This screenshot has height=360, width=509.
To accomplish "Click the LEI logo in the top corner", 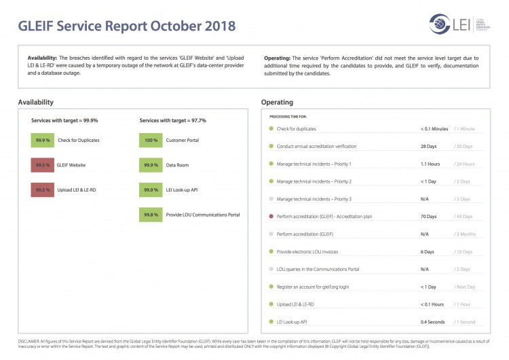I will pyautogui.click(x=455, y=24).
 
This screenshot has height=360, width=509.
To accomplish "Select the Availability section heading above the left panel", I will pyautogui.click(x=35, y=102).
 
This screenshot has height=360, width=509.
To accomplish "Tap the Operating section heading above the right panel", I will pyautogui.click(x=277, y=102).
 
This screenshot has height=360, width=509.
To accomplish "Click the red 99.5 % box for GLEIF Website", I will pyautogui.click(x=43, y=165).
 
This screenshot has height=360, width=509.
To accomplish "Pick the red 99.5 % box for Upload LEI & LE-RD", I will pyautogui.click(x=43, y=190).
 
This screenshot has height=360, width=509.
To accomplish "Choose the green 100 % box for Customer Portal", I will pyautogui.click(x=151, y=140).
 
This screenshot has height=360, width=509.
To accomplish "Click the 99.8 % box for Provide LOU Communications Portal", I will pyautogui.click(x=151, y=215).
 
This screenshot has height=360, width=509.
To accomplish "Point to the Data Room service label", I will pyautogui.click(x=178, y=165).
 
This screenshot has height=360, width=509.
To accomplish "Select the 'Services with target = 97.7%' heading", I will pyautogui.click(x=173, y=120).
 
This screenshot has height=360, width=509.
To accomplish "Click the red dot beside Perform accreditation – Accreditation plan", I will pyautogui.click(x=271, y=217).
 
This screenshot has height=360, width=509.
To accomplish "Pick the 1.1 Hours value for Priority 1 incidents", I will pyautogui.click(x=430, y=164).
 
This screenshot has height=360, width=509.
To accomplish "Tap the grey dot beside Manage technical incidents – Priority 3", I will pyautogui.click(x=271, y=199).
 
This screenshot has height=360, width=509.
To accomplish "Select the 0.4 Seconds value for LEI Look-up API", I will pyautogui.click(x=433, y=322).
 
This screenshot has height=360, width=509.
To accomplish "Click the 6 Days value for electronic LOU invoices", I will pyautogui.click(x=428, y=252).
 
